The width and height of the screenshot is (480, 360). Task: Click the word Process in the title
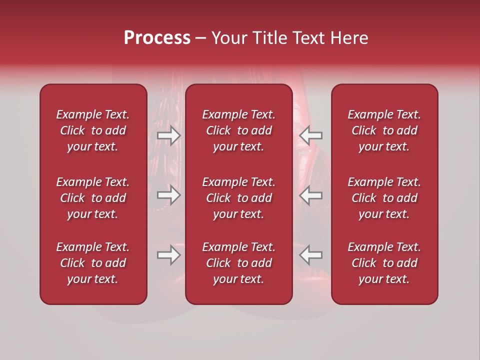point(157,38)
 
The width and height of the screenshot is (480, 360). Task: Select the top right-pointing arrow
point(168,135)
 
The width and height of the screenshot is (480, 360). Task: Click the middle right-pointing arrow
point(168,195)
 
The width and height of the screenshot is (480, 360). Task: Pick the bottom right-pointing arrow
point(168,255)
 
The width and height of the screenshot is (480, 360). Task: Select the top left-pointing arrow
point(310,135)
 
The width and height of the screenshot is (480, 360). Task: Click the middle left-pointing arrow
point(310,195)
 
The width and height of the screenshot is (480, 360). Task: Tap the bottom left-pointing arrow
point(310,255)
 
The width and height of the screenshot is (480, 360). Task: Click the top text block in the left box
point(93,130)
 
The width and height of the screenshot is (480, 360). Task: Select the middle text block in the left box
point(93,198)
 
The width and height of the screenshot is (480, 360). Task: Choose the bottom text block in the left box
point(93,263)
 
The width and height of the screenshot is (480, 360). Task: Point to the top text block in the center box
point(238,130)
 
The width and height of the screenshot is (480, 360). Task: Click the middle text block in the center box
point(238,198)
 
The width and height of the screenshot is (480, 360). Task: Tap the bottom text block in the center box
point(238,263)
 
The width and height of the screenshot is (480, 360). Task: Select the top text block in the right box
point(384,130)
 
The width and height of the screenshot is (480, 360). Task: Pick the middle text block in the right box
point(384,198)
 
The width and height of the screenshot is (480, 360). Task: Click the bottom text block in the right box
point(384,263)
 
